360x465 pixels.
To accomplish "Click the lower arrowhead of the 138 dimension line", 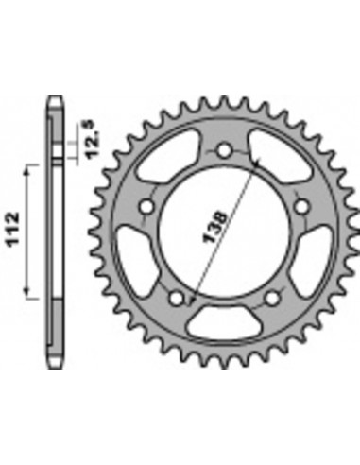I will point(192,301).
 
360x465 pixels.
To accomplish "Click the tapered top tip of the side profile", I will point(55,100).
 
